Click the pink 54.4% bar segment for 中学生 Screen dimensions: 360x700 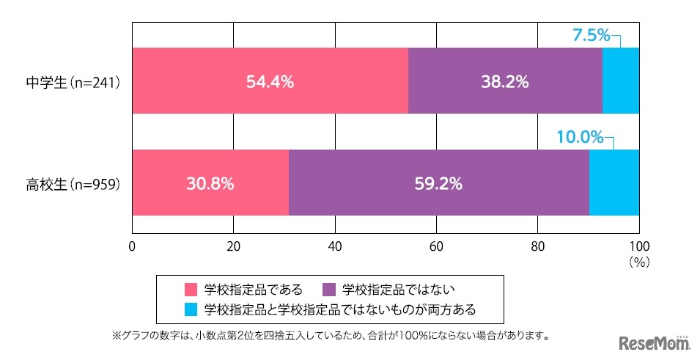pyautogui.click(x=270, y=81)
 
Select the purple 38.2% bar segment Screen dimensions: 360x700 pyautogui.click(x=505, y=81)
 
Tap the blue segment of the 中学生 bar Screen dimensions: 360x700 pyautogui.click(x=621, y=81)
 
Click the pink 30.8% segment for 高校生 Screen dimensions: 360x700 pyautogui.click(x=210, y=183)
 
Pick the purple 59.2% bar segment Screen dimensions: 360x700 pyautogui.click(x=438, y=183)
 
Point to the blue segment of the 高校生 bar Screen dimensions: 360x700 pyautogui.click(x=614, y=183)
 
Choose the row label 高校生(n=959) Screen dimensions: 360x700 pyautogui.click(x=71, y=183)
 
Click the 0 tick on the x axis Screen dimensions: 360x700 pyautogui.click(x=132, y=246)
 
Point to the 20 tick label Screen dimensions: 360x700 pyautogui.click(x=233, y=246)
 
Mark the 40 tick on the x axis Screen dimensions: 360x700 pyautogui.click(x=335, y=246)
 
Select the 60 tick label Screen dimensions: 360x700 pyautogui.click(x=436, y=246)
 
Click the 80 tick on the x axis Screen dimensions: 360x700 pyautogui.click(x=538, y=246)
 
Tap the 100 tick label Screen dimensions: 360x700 pyautogui.click(x=639, y=246)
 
